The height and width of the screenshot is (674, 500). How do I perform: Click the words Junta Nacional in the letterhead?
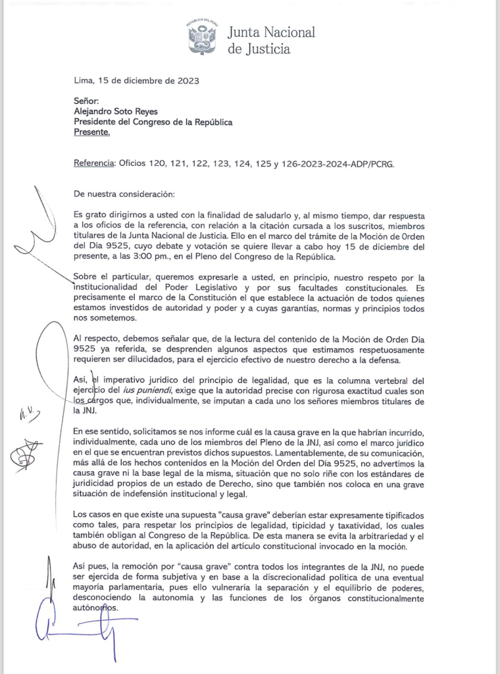pyautogui.click(x=271, y=32)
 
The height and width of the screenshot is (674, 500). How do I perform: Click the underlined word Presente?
pyautogui.click(x=91, y=132)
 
